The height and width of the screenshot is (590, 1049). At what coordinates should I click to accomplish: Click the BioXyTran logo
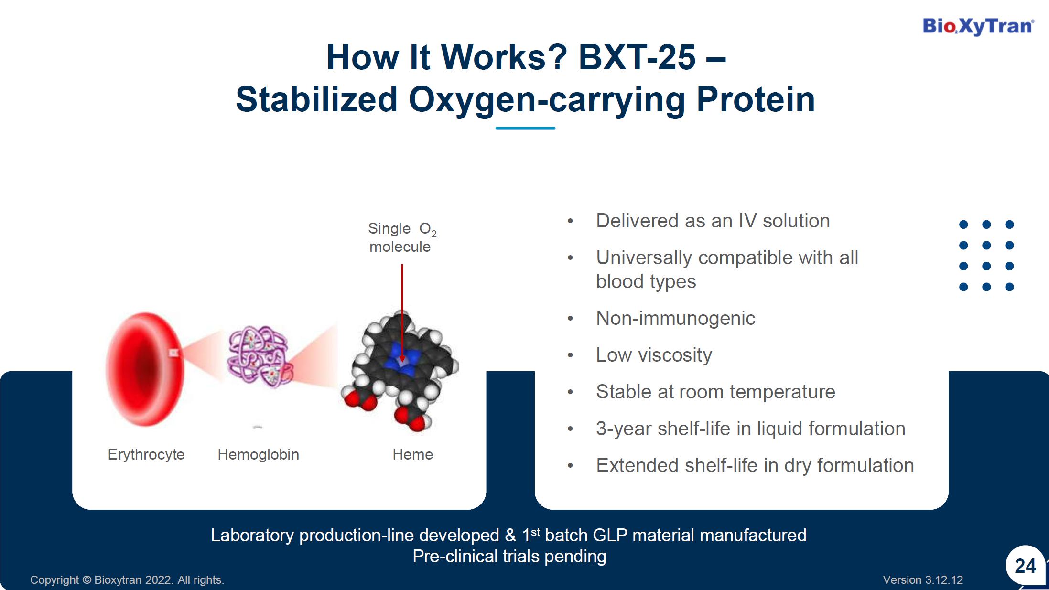978,26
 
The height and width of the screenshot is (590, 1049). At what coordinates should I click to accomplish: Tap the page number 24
1025,566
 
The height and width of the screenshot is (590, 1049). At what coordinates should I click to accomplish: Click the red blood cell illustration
144,369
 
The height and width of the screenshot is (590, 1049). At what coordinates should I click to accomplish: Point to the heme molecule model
400,371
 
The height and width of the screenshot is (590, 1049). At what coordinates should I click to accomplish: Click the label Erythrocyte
146,454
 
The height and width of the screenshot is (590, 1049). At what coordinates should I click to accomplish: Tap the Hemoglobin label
258,454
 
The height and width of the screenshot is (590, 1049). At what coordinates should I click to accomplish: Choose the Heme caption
412,454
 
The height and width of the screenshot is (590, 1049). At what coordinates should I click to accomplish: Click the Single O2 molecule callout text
402,237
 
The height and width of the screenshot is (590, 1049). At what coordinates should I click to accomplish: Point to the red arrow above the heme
402,313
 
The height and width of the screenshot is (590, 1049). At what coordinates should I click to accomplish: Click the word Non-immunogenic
675,318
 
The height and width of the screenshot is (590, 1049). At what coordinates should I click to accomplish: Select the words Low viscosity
654,355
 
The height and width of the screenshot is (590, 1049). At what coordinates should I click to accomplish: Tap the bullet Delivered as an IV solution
713,221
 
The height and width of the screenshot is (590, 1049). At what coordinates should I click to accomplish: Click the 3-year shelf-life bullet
750,429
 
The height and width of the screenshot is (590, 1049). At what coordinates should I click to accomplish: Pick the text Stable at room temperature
715,392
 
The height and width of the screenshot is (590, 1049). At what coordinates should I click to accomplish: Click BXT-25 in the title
637,57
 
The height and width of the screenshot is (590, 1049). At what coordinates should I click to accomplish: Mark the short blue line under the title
525,128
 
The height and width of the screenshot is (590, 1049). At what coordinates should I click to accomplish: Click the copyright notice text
127,580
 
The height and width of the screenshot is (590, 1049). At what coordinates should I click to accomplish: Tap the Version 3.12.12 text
923,580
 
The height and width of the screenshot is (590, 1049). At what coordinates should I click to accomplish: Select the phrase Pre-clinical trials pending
509,557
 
